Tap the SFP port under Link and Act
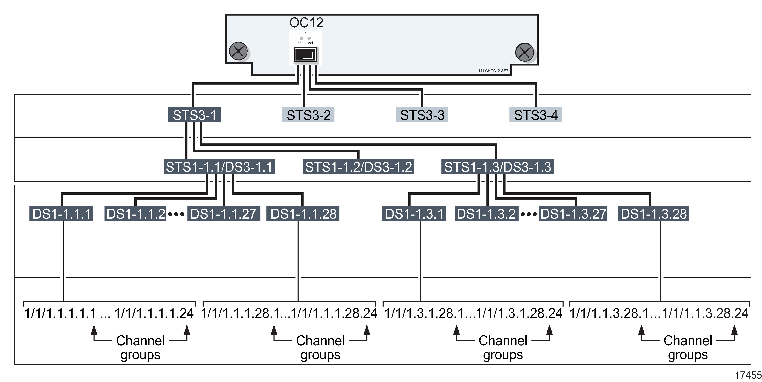305,55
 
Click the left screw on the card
238,51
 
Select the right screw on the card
524,52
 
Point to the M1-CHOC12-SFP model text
493,71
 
